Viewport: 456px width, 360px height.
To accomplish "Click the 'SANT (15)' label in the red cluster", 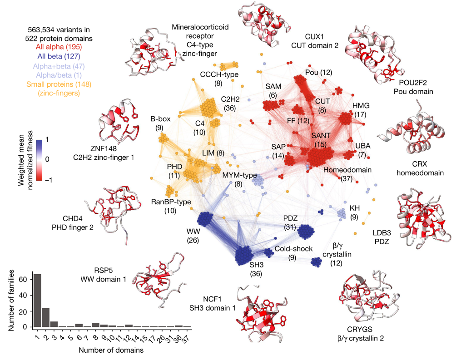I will (321, 140).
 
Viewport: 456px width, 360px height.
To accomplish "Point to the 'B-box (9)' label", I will (160, 123).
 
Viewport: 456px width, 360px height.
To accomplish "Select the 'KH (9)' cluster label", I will (354, 212).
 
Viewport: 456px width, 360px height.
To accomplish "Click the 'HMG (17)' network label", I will (362, 109).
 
